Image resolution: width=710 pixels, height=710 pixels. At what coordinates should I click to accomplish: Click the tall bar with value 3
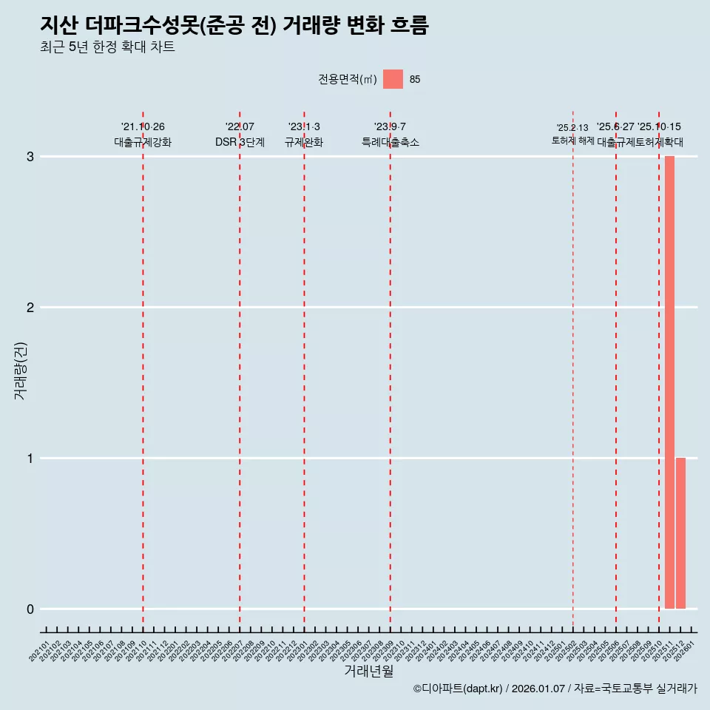(669, 382)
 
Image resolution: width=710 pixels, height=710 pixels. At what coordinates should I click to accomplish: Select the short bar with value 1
(680, 533)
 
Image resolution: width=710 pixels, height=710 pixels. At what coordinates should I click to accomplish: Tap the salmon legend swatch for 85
(393, 79)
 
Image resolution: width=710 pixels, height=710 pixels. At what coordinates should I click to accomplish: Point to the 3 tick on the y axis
(30, 157)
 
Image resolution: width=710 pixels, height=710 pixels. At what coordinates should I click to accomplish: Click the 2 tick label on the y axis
(30, 308)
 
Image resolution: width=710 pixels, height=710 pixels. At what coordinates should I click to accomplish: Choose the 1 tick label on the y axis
(30, 459)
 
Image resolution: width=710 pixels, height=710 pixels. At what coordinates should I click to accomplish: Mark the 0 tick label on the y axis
(30, 609)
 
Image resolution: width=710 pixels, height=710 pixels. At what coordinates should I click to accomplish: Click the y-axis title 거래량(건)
(21, 370)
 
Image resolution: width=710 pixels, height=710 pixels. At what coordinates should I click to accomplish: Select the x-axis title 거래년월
(368, 672)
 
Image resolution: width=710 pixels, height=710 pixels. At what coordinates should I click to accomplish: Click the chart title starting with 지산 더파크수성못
(234, 26)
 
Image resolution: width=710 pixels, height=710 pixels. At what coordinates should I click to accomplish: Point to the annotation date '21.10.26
(143, 127)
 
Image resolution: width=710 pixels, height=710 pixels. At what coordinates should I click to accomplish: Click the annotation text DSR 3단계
(240, 142)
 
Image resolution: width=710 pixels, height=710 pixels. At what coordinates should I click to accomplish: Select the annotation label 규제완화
(304, 142)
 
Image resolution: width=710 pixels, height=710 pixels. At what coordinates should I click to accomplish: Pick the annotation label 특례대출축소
(390, 142)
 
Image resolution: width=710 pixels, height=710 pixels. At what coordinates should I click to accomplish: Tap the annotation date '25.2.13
(572, 128)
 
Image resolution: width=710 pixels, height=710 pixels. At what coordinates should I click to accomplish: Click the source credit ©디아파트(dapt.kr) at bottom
(458, 689)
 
